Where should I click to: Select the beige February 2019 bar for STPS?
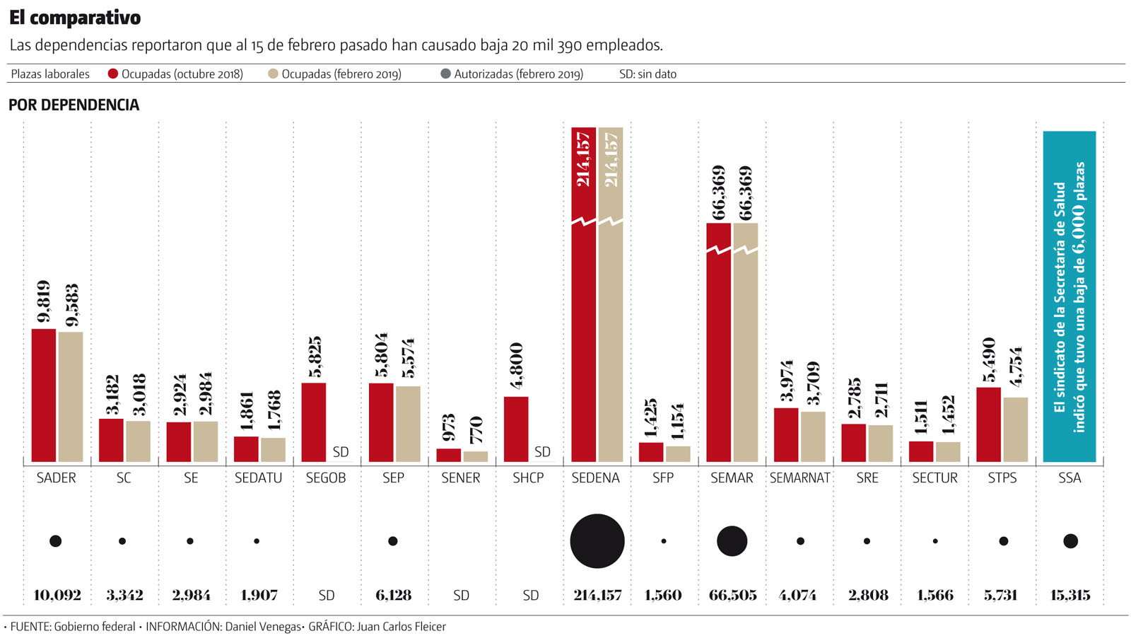tap(1015, 429)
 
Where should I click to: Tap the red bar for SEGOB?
tap(314, 422)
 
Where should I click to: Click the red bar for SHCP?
tap(516, 429)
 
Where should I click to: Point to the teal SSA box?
tap(1070, 296)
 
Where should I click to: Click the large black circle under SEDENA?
tap(597, 541)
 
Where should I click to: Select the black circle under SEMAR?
tap(732, 541)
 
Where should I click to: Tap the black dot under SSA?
tap(1070, 541)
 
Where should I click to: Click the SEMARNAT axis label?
tap(799, 478)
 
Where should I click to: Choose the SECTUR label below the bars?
tap(934, 478)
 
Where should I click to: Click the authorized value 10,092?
tap(57, 596)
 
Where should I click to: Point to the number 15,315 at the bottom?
tap(1070, 596)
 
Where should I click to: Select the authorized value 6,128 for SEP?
tap(394, 596)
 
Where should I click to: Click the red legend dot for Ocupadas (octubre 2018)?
tap(113, 74)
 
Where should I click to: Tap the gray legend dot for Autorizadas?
tap(445, 74)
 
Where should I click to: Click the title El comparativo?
tap(75, 18)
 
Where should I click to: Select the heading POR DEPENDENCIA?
tap(74, 105)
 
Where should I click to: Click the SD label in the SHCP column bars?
tap(542, 451)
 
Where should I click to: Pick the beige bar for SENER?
tap(476, 456)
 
